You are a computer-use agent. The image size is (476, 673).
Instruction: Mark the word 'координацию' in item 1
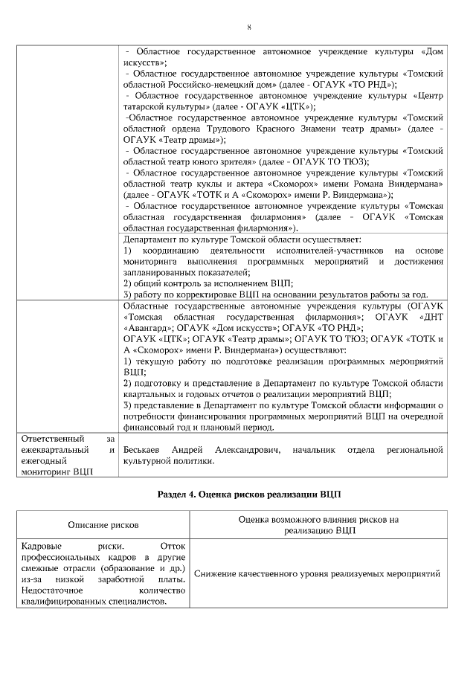(170, 251)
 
